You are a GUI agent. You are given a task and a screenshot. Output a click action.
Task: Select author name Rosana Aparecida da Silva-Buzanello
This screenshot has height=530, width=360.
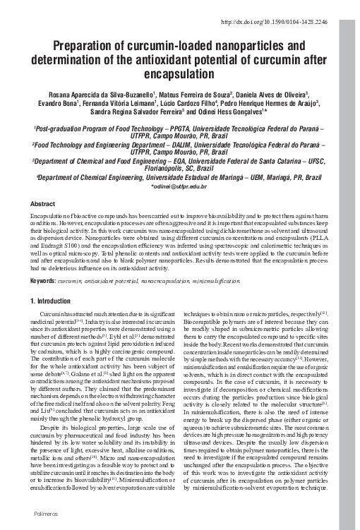pyautogui.click(x=90, y=94)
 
